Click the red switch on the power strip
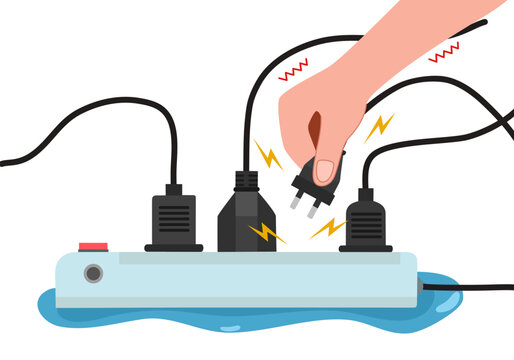click(94, 244)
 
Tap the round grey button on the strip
click(93, 272)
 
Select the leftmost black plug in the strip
click(173, 220)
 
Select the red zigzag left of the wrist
click(293, 70)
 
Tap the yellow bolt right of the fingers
click(378, 127)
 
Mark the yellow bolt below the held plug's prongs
click(326, 229)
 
